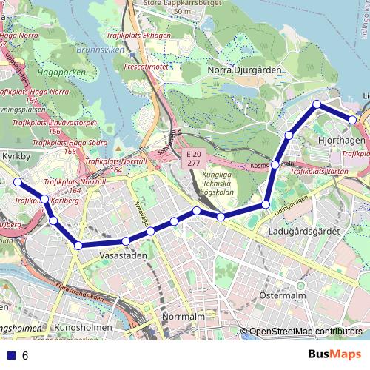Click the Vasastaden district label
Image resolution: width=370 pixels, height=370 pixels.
pos(123,255)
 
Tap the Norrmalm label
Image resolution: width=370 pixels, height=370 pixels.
pos(182,317)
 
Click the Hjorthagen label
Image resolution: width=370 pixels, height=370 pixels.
pos(340,139)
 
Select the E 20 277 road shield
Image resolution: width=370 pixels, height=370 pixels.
pos(193,158)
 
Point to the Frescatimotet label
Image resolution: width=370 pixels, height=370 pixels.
pos(147,65)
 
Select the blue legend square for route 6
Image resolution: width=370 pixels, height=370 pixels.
pos(10,355)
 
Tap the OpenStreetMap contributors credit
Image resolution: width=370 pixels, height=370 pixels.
pos(305,332)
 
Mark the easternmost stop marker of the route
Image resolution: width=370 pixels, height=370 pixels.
pos(354,119)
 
